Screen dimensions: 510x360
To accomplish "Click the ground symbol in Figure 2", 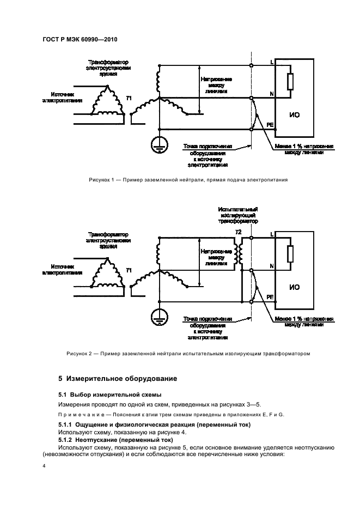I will [x=158, y=316].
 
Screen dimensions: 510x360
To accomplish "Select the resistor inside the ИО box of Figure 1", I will [x=290, y=81].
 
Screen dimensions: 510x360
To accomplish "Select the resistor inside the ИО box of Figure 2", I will [x=290, y=253].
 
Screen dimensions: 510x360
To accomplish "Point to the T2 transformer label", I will [x=237, y=232].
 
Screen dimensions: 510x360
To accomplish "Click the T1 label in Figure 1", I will [x=129, y=98].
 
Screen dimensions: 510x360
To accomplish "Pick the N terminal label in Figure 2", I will [x=271, y=265].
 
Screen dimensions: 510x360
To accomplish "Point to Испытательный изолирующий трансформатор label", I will [x=237, y=215].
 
